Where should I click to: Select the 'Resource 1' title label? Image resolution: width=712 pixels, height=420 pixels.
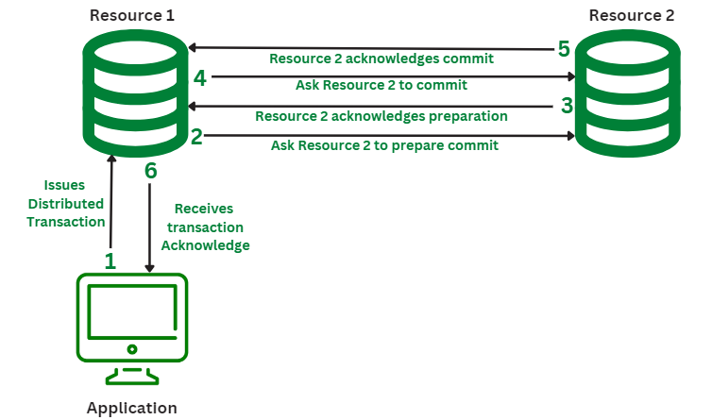click(x=131, y=16)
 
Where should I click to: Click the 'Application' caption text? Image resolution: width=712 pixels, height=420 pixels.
click(x=131, y=408)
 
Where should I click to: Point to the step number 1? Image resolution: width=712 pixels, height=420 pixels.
click(x=110, y=260)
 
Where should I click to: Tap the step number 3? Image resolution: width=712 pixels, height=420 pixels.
click(x=567, y=106)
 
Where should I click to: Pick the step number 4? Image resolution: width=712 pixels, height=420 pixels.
click(x=199, y=77)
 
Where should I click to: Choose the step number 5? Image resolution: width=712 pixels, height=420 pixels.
click(x=564, y=47)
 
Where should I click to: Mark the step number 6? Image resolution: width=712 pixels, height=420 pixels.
click(x=150, y=171)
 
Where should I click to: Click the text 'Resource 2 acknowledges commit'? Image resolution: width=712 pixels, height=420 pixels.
click(x=381, y=59)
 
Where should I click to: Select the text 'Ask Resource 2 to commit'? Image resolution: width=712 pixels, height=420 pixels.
click(x=381, y=85)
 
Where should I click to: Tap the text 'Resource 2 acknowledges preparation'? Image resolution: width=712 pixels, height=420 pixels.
click(x=381, y=116)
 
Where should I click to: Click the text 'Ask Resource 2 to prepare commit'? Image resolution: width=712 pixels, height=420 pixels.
click(x=384, y=146)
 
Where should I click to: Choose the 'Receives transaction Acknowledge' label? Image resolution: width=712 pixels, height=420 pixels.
click(x=205, y=227)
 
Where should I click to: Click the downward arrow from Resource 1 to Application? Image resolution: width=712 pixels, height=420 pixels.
click(x=149, y=227)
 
